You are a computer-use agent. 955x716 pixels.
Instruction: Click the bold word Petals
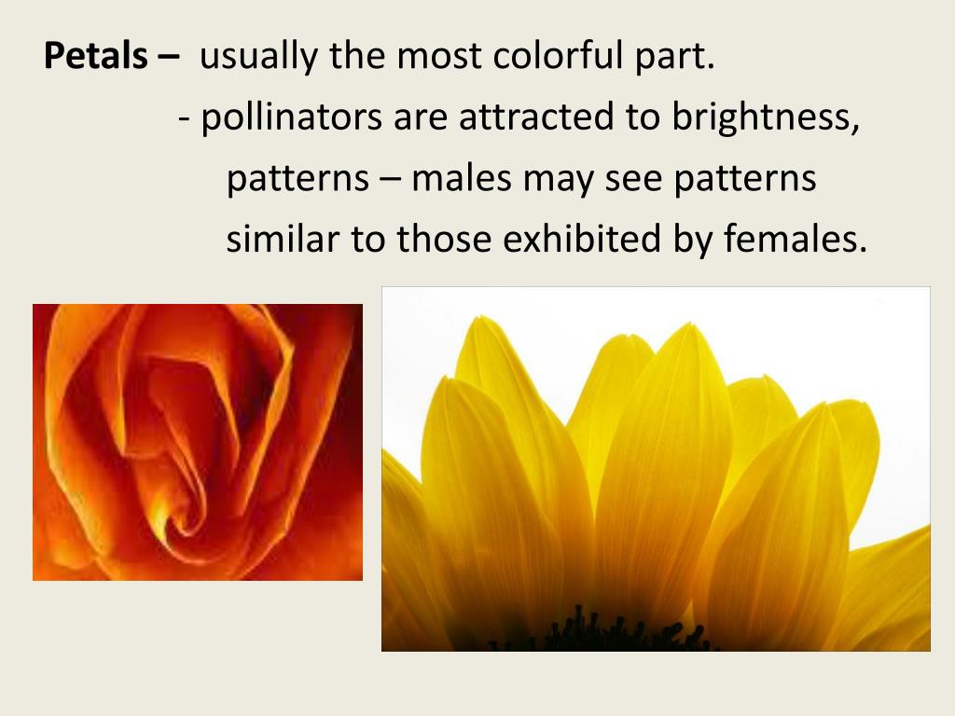(x=96, y=58)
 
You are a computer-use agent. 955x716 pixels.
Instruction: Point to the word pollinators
(x=292, y=117)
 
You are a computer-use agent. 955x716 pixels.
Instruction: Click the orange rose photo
(x=198, y=442)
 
